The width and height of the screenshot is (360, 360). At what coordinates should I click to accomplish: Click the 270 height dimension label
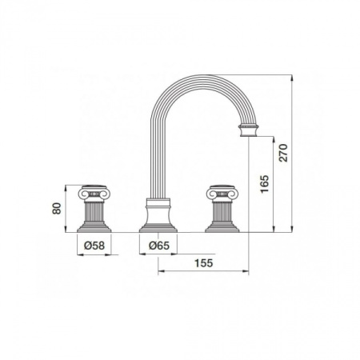tap(283, 153)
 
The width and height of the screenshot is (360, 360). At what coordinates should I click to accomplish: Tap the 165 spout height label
tap(265, 184)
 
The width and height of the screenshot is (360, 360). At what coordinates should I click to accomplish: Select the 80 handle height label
tap(57, 208)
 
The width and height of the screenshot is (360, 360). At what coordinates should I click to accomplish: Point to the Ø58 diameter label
tap(94, 246)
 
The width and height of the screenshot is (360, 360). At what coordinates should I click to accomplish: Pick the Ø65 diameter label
tap(159, 246)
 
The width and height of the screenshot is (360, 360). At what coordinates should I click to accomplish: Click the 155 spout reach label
tap(204, 263)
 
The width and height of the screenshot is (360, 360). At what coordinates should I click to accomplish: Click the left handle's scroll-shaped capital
tap(94, 193)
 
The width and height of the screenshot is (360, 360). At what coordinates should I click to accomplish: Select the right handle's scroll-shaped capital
tap(222, 193)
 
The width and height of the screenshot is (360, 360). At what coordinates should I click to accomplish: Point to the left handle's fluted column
tap(94, 212)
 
